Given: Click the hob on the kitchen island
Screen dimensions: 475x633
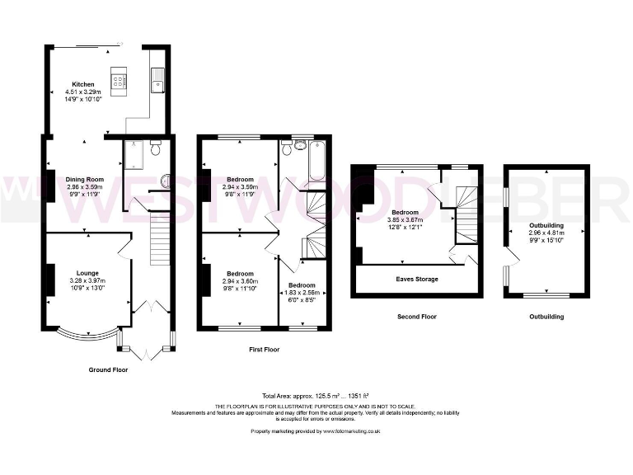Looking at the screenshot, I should coord(118,81).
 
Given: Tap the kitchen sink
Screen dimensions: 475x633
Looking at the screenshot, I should coord(157,80).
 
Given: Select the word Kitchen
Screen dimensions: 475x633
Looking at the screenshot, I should coord(83,84).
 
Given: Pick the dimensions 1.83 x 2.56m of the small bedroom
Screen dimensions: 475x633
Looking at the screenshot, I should coord(302,293).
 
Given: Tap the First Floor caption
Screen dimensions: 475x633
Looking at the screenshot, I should coord(264,350).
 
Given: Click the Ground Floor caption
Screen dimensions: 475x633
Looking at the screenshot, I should coord(108,370).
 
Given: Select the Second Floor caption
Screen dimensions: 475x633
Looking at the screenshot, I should coord(416,317).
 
